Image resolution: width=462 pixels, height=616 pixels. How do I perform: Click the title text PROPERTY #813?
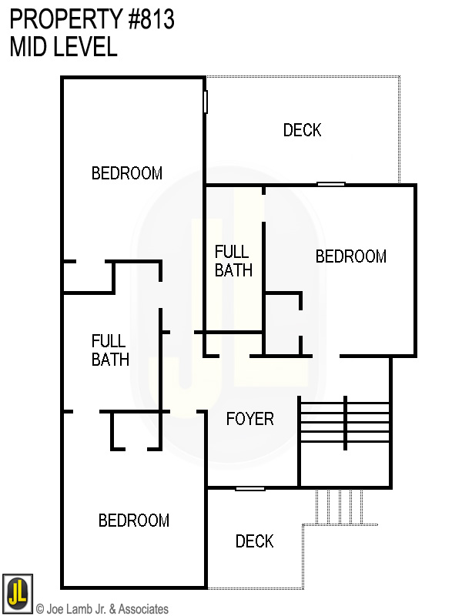point(92,20)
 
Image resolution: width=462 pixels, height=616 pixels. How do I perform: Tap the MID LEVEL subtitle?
point(63,47)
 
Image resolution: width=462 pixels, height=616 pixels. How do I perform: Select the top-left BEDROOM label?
point(127,173)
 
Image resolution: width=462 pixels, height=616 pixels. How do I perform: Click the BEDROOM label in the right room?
point(350,256)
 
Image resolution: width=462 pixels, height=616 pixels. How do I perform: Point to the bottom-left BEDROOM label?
point(133,521)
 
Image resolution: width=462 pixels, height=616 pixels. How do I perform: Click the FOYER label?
point(249,419)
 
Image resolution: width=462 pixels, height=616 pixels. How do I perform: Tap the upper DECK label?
point(302,130)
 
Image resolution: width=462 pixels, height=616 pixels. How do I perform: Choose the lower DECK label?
point(254,541)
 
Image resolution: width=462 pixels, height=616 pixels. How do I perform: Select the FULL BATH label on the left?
point(110,350)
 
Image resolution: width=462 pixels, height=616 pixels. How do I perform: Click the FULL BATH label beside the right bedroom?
point(233,260)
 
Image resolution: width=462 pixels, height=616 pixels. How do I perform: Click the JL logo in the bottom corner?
point(17,591)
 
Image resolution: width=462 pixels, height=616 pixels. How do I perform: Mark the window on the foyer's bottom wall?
point(250,488)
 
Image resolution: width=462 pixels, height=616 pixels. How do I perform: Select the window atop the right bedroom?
point(331,184)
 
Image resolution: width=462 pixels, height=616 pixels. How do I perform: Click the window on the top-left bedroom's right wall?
point(206,102)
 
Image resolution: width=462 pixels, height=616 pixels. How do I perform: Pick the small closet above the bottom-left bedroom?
point(136,431)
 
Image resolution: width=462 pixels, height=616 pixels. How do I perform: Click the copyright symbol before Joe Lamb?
point(40,609)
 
